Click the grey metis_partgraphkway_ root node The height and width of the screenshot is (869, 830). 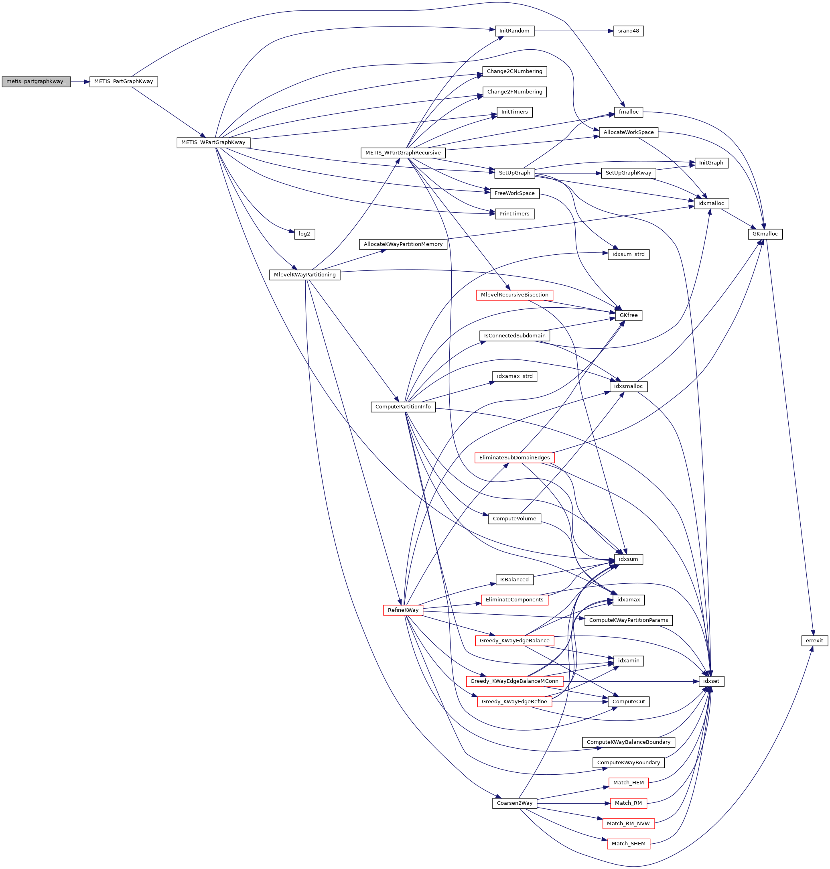click(36, 81)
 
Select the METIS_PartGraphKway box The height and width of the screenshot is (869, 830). click(124, 81)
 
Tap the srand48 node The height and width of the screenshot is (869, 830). click(628, 31)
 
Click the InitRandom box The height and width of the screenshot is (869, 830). click(514, 31)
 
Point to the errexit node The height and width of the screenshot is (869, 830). click(814, 640)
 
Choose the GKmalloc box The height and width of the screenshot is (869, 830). click(765, 233)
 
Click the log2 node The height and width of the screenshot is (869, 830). click(304, 233)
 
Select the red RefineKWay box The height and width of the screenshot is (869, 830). click(403, 610)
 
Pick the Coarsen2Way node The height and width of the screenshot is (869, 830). click(515, 803)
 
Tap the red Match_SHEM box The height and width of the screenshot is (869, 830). click(628, 844)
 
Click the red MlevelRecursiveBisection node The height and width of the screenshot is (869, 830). click(515, 294)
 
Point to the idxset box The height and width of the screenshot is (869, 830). click(711, 681)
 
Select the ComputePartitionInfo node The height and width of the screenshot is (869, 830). click(403, 407)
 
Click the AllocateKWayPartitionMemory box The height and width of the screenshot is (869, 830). click(403, 244)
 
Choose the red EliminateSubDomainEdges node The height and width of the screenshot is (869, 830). click(515, 457)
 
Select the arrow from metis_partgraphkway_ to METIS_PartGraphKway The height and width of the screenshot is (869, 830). click(80, 81)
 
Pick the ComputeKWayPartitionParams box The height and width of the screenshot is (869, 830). click(628, 620)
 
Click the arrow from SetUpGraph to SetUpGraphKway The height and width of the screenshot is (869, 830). click(568, 173)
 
